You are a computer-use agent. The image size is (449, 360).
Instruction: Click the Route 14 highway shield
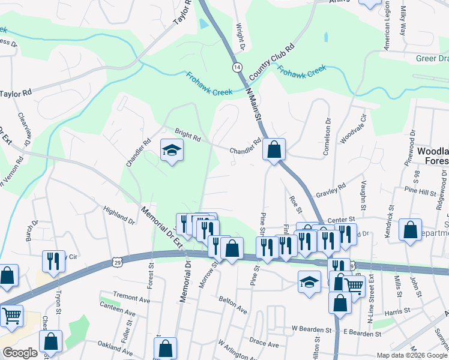click(238, 67)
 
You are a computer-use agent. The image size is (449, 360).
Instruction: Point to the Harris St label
click(397, 311)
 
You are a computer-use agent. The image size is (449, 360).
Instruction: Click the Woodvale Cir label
click(354, 131)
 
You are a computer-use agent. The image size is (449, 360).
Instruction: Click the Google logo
click(19, 353)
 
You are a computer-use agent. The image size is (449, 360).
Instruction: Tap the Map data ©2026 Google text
click(412, 355)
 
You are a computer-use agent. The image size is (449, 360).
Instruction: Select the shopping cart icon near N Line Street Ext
click(355, 286)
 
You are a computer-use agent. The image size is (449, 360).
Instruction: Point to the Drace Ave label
click(264, 345)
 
